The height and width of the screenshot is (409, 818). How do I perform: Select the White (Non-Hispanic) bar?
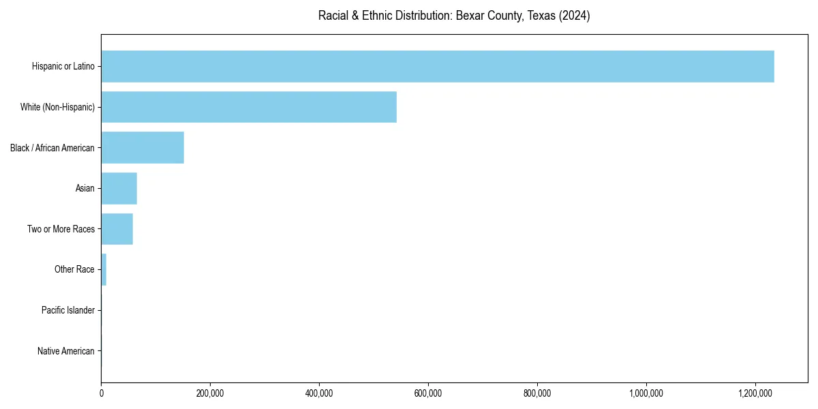click(249, 107)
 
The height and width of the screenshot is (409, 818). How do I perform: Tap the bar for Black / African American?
click(142, 148)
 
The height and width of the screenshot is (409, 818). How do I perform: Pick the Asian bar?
click(119, 188)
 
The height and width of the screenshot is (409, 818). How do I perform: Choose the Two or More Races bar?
click(117, 229)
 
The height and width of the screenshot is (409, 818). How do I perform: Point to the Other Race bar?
click(104, 269)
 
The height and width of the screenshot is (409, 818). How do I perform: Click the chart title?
click(454, 16)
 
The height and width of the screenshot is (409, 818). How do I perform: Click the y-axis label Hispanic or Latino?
click(63, 66)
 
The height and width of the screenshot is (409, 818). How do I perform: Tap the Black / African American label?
click(52, 148)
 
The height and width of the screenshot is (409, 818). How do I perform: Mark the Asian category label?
click(85, 188)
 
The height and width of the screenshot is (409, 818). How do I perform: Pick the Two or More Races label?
click(61, 229)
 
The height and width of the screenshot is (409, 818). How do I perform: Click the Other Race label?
click(74, 269)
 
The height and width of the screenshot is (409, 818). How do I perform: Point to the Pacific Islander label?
click(68, 310)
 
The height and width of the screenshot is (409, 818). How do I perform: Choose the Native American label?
click(66, 351)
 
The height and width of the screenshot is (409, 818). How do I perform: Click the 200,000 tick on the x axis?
click(210, 393)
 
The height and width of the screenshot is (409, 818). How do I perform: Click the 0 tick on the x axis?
click(102, 393)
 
